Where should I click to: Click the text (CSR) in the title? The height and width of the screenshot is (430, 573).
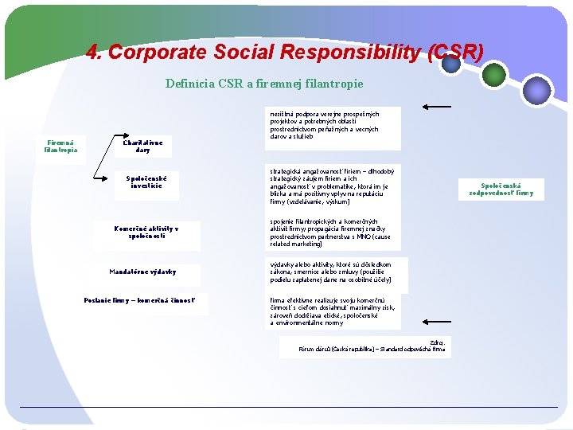pos(454,53)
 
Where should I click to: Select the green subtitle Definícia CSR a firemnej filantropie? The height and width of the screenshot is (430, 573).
pos(264,83)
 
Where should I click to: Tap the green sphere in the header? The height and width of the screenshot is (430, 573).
pos(494,75)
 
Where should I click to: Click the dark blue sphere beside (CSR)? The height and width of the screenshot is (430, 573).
pos(452,64)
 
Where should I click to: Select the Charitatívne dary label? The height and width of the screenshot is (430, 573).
pos(143,146)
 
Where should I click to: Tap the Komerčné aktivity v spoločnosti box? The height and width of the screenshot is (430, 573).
pos(146,232)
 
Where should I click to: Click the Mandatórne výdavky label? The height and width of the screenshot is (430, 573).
pos(143,272)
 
